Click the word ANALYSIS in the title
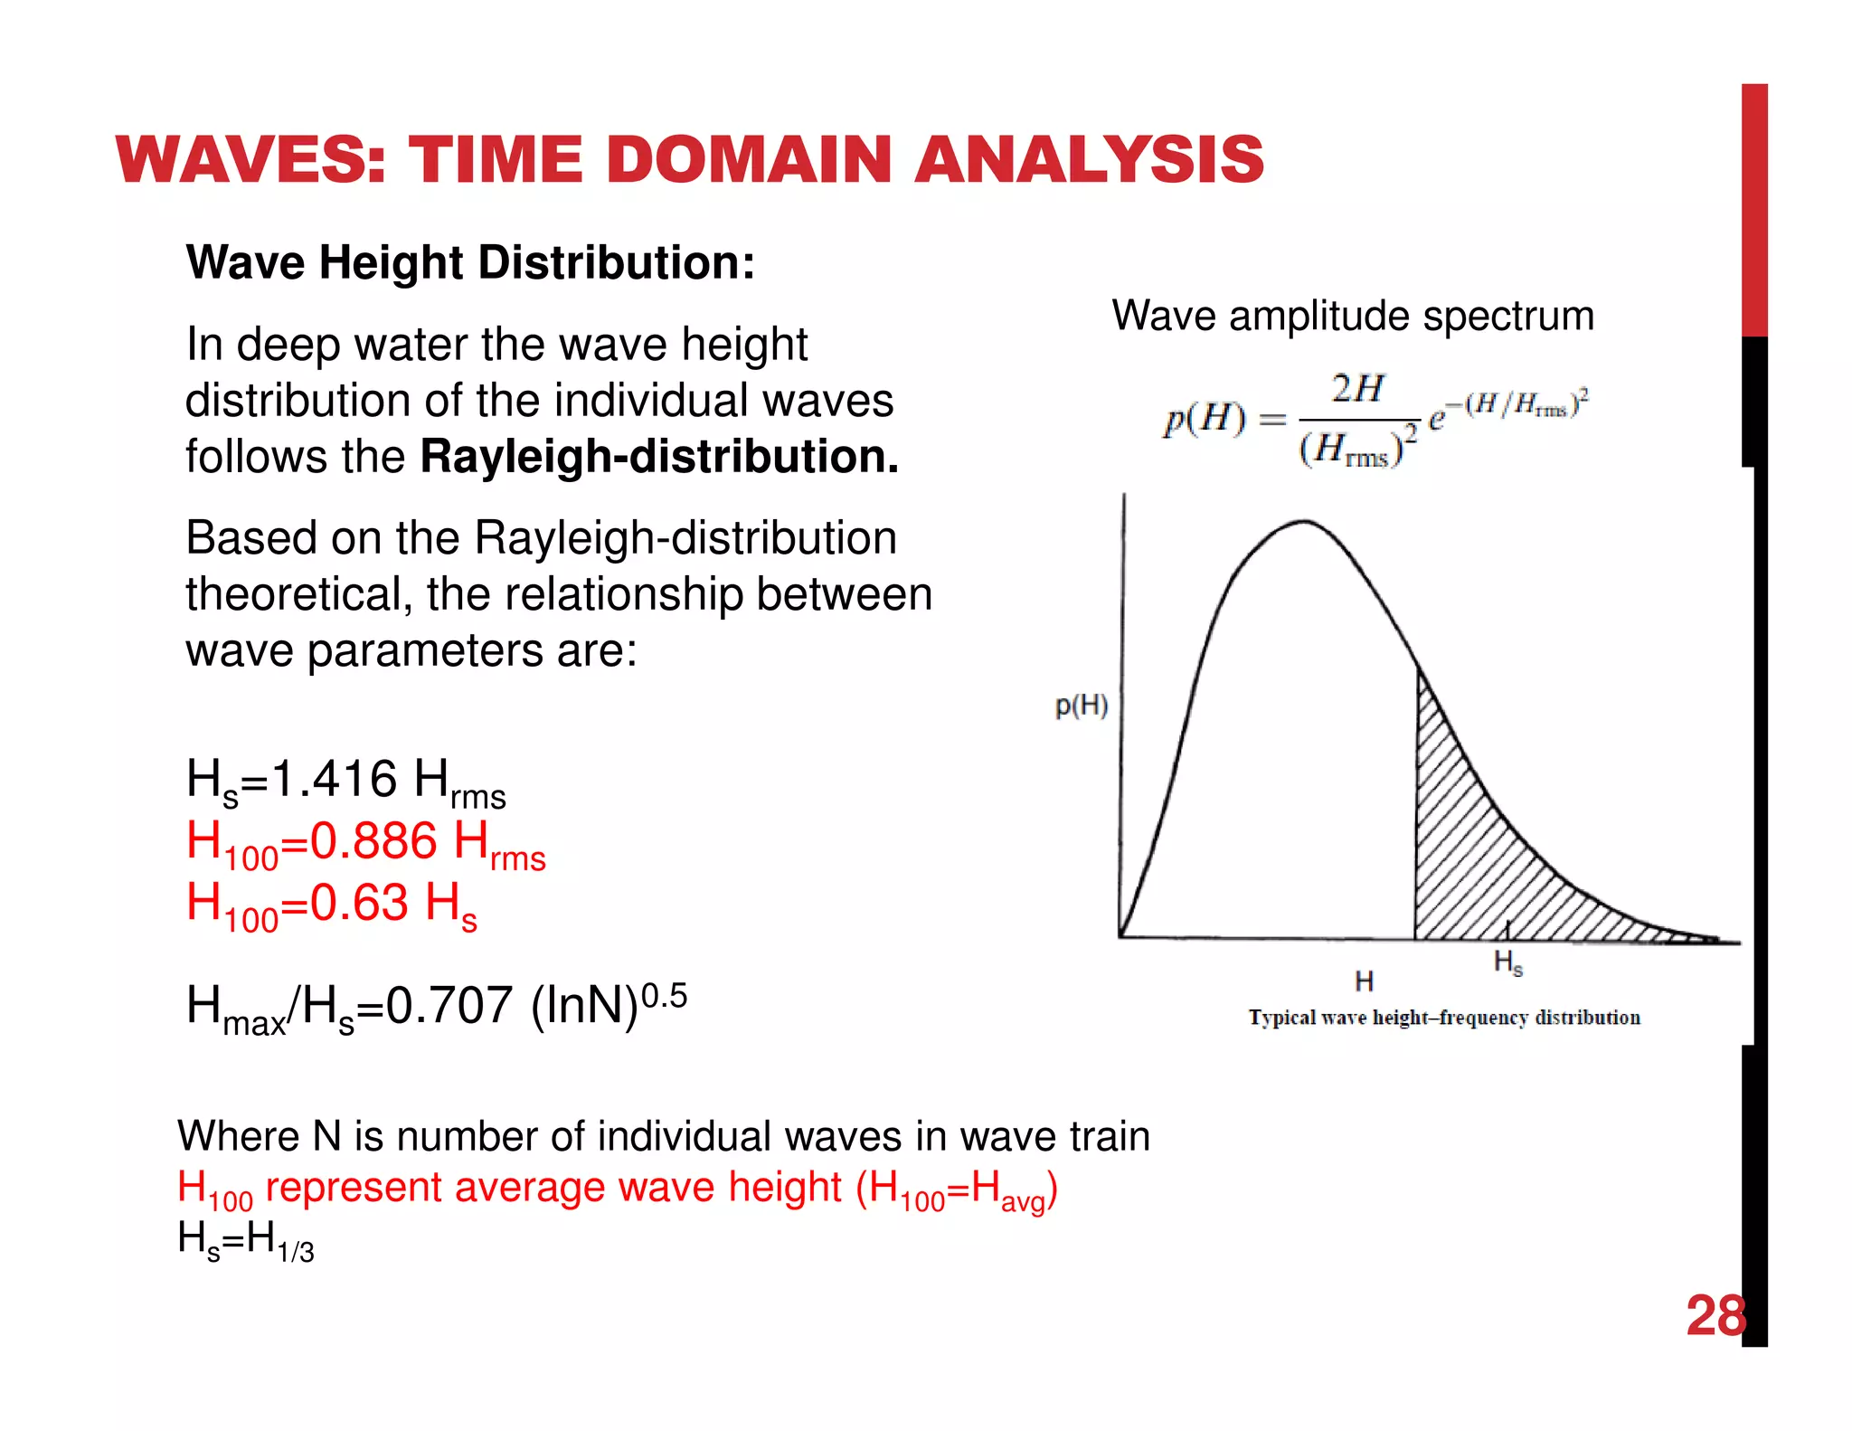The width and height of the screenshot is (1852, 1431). tap(1089, 159)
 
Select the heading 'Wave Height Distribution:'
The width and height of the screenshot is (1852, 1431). tap(470, 263)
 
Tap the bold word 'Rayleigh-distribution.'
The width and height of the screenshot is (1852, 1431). tap(659, 456)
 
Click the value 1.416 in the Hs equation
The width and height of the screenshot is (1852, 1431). tap(334, 779)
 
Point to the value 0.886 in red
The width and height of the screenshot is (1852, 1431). tap(373, 840)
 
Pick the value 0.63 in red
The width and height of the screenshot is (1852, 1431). tap(359, 902)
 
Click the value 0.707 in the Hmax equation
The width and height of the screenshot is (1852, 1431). tap(449, 1005)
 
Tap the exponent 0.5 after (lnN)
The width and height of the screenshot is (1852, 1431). tap(664, 996)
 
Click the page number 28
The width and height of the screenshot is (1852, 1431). tap(1715, 1315)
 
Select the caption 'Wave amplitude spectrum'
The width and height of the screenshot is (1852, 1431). tap(1353, 316)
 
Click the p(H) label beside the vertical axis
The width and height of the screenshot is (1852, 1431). tap(1082, 706)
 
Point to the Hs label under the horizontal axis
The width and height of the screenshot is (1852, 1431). tap(1508, 962)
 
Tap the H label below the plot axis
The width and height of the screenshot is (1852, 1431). tap(1364, 981)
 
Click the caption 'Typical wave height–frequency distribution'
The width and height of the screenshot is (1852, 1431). tap(1444, 1018)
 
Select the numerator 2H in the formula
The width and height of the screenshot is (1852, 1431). tap(1357, 389)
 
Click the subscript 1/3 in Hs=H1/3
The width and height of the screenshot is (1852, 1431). tap(296, 1252)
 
